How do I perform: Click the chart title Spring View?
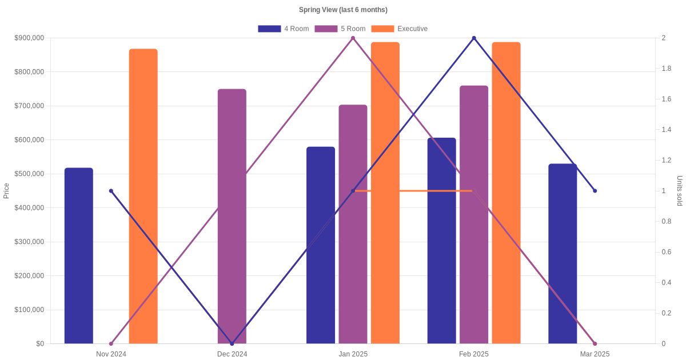[343, 10]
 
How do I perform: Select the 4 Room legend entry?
[284, 29]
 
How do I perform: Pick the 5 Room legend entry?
[340, 29]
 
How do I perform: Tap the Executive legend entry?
[399, 29]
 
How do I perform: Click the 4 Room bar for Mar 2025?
[563, 254]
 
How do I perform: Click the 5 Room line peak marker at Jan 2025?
[353, 38]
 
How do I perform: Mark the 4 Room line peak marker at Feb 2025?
[474, 38]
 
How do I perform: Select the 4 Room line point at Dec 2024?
[232, 343]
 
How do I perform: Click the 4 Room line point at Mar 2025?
[595, 191]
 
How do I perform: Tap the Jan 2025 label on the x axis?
[353, 354]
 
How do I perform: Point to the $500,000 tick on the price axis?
[29, 174]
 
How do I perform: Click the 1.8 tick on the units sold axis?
[667, 69]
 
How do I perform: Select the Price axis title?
[6, 190]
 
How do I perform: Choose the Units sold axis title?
[680, 190]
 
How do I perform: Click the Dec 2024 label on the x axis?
[232, 354]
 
